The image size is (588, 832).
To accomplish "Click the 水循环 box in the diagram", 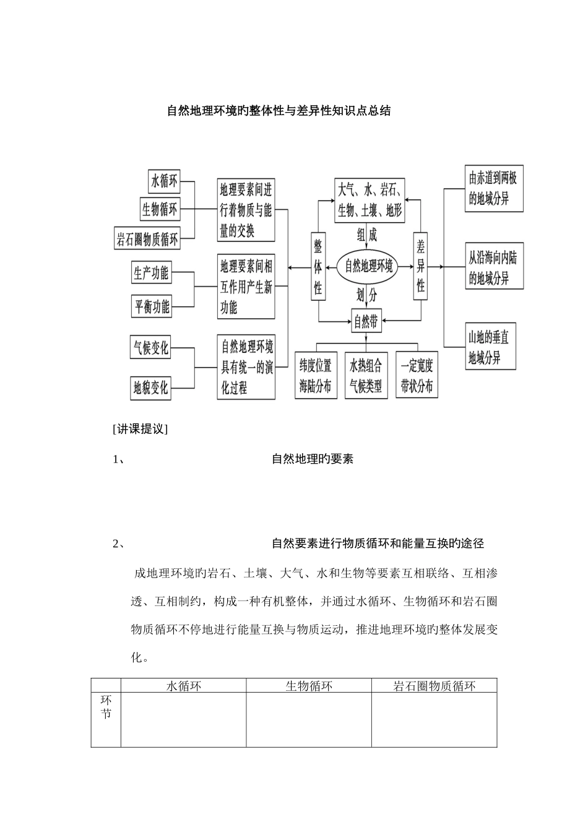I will click(x=164, y=181).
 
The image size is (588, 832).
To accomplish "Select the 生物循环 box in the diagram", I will click(x=160, y=209).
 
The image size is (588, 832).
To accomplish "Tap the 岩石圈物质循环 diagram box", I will click(x=147, y=238).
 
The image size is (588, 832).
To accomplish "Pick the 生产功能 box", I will click(x=151, y=272).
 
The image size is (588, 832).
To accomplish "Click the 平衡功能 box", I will click(x=151, y=306).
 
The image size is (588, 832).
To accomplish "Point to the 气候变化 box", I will click(x=150, y=347).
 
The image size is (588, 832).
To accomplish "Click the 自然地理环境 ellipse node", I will click(x=368, y=267).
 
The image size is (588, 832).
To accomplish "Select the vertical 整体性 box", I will click(x=318, y=267).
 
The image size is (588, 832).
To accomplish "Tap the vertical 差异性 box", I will click(x=420, y=267).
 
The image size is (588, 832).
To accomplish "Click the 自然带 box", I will click(x=366, y=321).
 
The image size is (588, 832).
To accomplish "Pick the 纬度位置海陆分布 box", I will click(x=316, y=376).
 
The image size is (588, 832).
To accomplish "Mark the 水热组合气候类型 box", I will click(x=366, y=376).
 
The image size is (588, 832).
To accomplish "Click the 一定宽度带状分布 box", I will click(x=417, y=376).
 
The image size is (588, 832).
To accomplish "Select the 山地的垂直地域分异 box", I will click(x=491, y=347).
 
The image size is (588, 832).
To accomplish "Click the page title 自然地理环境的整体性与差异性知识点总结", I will click(x=279, y=111).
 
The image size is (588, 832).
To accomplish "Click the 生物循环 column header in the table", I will click(x=309, y=686).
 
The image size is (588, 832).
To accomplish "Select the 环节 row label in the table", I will click(x=106, y=707).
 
